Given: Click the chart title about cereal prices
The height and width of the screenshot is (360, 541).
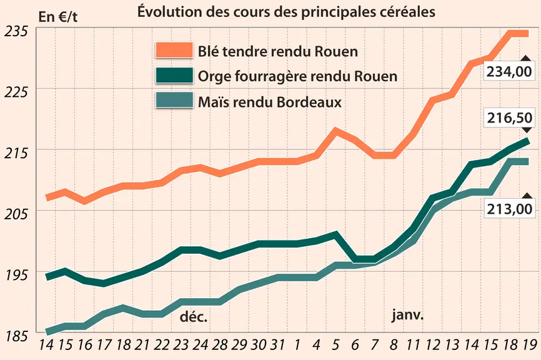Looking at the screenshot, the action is [x=286, y=12].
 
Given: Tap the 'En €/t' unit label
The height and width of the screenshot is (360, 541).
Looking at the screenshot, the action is [x=58, y=17].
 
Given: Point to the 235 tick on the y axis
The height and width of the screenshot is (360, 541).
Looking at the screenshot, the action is [x=16, y=31].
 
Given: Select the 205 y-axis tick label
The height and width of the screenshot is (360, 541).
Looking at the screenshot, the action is [x=16, y=214].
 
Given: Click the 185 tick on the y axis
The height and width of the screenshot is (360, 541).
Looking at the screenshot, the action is [x=16, y=336].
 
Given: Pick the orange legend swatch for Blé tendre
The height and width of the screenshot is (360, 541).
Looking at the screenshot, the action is [x=174, y=51].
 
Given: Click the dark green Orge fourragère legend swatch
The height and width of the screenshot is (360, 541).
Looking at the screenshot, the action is [x=174, y=75].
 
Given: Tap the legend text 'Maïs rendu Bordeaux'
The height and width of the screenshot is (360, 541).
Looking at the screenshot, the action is [x=270, y=102].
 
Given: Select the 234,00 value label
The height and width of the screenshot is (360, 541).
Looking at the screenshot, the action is [x=509, y=71].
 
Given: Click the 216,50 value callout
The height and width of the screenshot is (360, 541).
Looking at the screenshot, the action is [x=509, y=117].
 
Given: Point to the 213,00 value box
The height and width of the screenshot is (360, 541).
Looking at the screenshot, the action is [x=509, y=209].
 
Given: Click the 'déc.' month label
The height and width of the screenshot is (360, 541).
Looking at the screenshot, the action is [x=194, y=316].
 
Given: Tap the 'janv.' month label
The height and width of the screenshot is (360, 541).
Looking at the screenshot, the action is [x=407, y=315].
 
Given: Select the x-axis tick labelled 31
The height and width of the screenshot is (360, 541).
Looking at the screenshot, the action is [x=277, y=345].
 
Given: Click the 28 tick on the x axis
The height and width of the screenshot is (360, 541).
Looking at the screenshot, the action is [x=220, y=345].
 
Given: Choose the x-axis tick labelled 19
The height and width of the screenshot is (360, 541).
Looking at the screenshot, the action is [x=529, y=345].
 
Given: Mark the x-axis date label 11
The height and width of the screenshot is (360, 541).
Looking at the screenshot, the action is [x=413, y=345].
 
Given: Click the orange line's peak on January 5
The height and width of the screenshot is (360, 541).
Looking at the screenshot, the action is [x=335, y=131].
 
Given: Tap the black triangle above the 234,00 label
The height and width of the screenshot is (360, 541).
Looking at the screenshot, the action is [x=526, y=58].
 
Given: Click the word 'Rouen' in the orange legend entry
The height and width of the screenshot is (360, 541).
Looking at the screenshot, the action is [x=336, y=51].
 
